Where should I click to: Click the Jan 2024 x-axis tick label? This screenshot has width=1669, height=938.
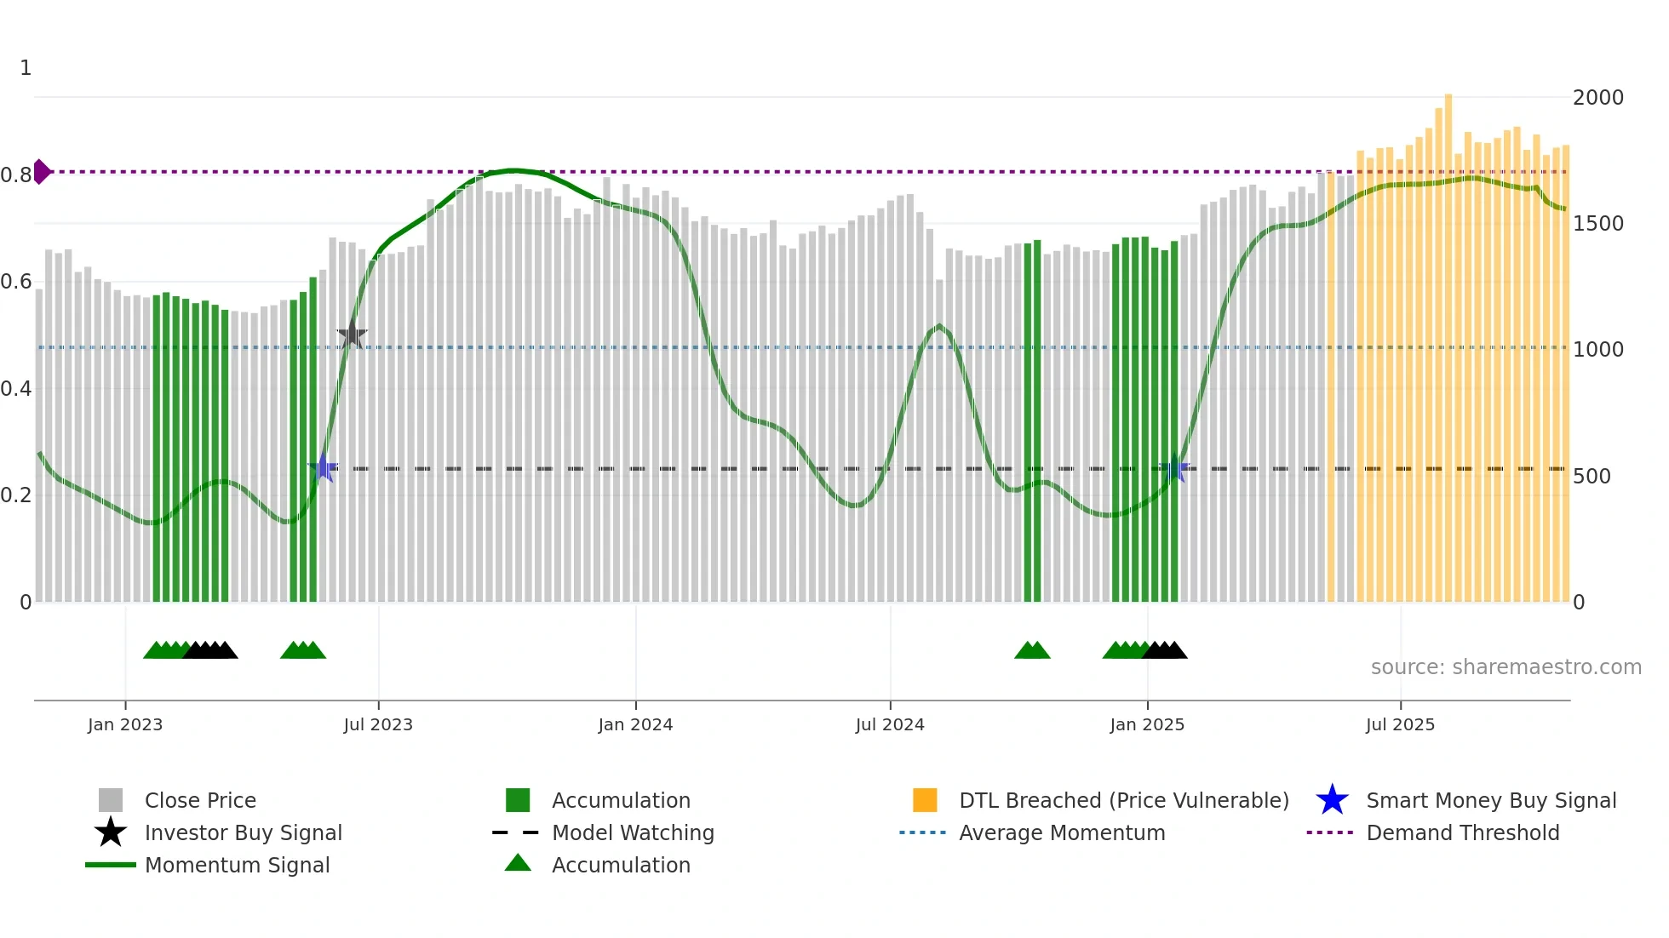click(635, 724)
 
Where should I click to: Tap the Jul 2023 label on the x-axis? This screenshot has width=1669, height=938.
click(378, 724)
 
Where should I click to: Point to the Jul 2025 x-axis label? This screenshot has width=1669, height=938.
click(1400, 724)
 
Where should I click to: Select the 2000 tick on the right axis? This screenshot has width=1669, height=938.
click(1597, 98)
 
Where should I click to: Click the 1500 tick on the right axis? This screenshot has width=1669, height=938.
click(1597, 224)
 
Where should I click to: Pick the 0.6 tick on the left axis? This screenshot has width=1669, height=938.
click(16, 282)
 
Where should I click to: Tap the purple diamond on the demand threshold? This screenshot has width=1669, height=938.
click(41, 171)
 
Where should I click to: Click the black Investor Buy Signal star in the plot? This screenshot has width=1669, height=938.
click(352, 335)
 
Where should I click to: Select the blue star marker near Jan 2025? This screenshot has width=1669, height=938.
click(1174, 468)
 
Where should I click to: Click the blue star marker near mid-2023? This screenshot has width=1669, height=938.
click(323, 468)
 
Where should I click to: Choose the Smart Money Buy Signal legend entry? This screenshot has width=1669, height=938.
click(1490, 800)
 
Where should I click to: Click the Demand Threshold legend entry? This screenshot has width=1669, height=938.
click(1462, 832)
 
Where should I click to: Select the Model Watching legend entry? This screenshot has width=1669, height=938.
click(632, 832)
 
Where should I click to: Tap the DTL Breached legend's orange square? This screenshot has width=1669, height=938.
click(925, 800)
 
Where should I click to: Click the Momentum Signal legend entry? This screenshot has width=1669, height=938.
click(237, 865)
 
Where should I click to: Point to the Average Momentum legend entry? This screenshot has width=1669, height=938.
click(1061, 832)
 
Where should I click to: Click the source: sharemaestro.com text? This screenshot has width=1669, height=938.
click(1506, 667)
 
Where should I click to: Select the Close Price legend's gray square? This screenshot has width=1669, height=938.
click(111, 800)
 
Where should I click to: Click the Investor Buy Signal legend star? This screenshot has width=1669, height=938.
click(111, 832)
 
